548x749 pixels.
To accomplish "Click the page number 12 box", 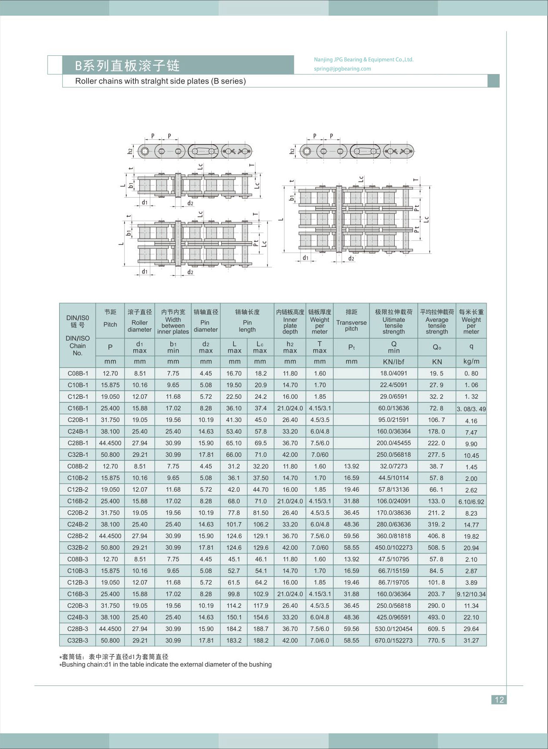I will pyautogui.click(x=499, y=699).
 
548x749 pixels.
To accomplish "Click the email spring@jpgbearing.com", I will pyautogui.click(x=342, y=68).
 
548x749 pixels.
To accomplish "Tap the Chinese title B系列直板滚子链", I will pyautogui.click(x=127, y=65).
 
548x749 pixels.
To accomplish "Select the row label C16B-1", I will pyautogui.click(x=78, y=408).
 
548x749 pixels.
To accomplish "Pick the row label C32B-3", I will pyautogui.click(x=78, y=640).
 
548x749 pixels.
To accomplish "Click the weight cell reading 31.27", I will pyautogui.click(x=471, y=641).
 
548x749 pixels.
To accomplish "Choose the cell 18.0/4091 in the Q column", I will pyautogui.click(x=393, y=373).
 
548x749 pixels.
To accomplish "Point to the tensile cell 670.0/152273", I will pyautogui.click(x=393, y=640).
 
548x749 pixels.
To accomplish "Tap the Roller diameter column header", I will pyautogui.click(x=139, y=323).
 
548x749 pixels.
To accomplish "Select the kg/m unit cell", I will pyautogui.click(x=471, y=361).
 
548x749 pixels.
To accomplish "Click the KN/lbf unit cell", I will pyautogui.click(x=393, y=361).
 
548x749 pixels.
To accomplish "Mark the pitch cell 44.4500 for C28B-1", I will pyautogui.click(x=110, y=443).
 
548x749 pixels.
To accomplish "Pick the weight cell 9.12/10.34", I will pyautogui.click(x=471, y=594).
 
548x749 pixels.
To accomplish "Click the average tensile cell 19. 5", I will pyautogui.click(x=436, y=373).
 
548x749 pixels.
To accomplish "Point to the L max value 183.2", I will pyautogui.click(x=234, y=640).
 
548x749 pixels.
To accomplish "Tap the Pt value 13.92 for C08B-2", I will pyautogui.click(x=351, y=466).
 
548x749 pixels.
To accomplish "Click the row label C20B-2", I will pyautogui.click(x=78, y=513).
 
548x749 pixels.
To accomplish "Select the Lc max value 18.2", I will pyautogui.click(x=260, y=373).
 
